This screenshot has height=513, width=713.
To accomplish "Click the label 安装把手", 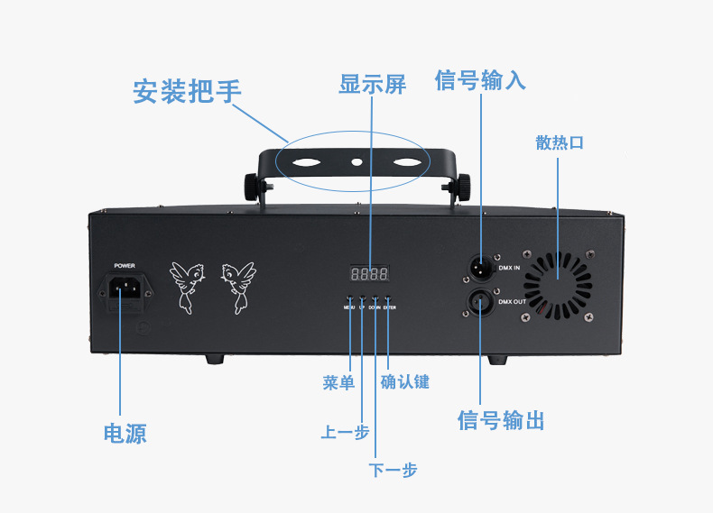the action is tap(187, 91).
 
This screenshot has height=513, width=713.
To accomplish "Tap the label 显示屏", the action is tap(372, 85).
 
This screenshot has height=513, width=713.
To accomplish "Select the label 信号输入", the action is tap(480, 81).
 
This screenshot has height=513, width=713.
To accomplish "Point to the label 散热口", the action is tap(560, 142).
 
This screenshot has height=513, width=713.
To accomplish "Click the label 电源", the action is tap(125, 434).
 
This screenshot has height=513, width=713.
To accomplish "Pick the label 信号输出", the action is tap(501, 420).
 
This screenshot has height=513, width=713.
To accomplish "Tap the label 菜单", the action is tap(338, 382).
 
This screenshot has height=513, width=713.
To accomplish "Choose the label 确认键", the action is tap(405, 382).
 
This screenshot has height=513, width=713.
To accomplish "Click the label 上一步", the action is tap(345, 432).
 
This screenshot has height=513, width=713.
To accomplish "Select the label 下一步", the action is tap(394, 470).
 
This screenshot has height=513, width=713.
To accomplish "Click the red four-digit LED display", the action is tap(370, 273).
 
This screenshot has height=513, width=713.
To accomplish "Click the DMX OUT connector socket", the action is tap(480, 302).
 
